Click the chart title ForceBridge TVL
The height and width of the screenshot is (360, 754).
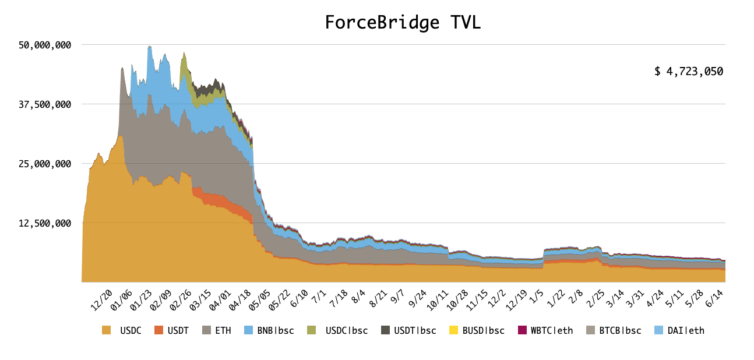[x=403, y=22]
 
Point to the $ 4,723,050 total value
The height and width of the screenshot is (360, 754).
[x=688, y=72]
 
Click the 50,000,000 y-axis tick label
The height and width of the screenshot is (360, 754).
[x=45, y=45]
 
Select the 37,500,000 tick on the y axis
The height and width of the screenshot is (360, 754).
[x=45, y=105]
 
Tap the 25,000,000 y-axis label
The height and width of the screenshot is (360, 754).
[x=45, y=164]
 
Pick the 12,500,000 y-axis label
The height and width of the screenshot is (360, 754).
[x=45, y=223]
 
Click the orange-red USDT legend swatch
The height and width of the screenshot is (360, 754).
[x=158, y=330]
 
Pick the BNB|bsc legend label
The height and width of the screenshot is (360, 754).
[x=274, y=330]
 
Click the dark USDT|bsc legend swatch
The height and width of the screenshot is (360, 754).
[x=385, y=330]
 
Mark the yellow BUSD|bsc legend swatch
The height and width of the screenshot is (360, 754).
[x=454, y=330]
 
